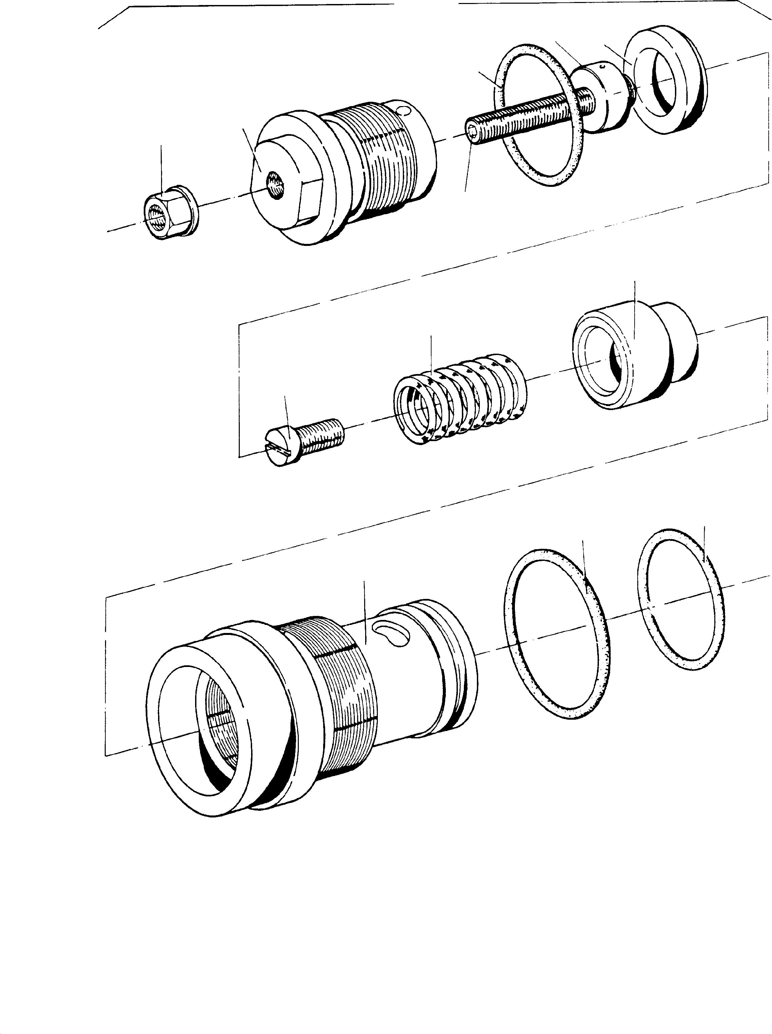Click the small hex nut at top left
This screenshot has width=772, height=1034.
pyautogui.click(x=170, y=215)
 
